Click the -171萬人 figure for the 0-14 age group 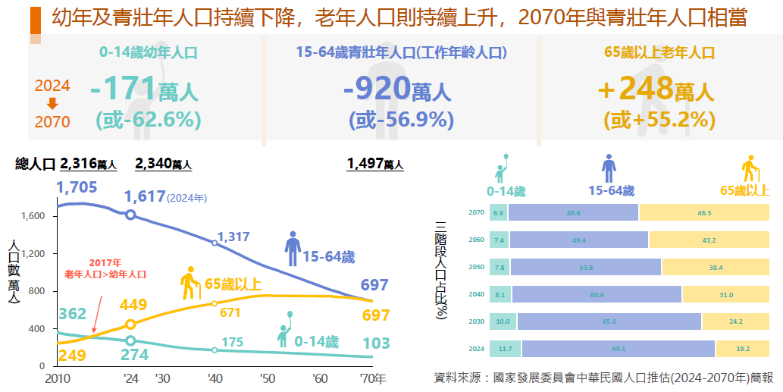[x=144, y=89]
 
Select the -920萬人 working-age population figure [x=397, y=89]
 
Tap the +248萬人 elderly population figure [x=656, y=89]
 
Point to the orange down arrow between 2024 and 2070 [x=52, y=104]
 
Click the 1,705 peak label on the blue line [x=77, y=187]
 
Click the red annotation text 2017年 [x=105, y=262]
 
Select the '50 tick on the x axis [x=267, y=378]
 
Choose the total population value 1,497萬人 [x=374, y=164]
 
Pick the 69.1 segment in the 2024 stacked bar [x=618, y=349]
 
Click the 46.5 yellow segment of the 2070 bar [x=704, y=213]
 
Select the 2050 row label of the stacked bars [x=476, y=268]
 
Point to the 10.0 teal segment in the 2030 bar [x=503, y=321]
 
